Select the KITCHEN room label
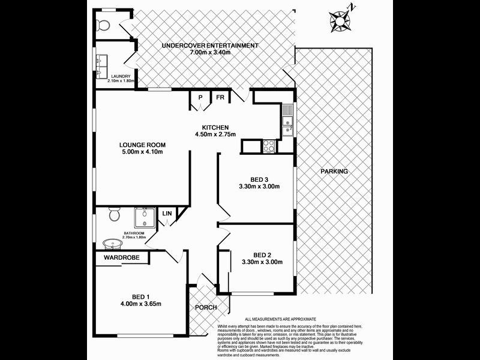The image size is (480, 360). point(215,127)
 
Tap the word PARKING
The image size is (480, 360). point(334,172)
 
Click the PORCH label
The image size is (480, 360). point(205,307)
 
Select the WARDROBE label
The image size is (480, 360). point(122,257)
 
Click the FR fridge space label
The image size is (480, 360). point(220,97)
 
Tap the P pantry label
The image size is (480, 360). point(199,97)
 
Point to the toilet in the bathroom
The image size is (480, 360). point(113,215)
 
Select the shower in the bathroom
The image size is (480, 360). point(143,217)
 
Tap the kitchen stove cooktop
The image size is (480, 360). point(268,145)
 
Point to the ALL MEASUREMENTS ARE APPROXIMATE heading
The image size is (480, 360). point(281,319)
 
